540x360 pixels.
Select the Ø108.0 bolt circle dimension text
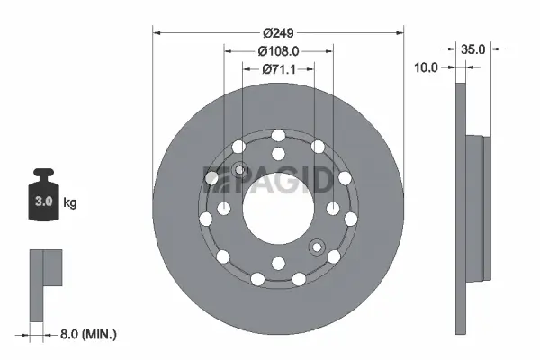click(x=277, y=51)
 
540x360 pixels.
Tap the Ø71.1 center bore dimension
click(x=277, y=69)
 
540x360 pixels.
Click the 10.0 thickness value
click(x=427, y=67)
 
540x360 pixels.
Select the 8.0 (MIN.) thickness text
click(x=87, y=333)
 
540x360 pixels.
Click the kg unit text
click(x=70, y=203)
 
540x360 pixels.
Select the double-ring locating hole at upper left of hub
click(x=239, y=170)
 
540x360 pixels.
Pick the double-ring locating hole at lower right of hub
click(x=316, y=247)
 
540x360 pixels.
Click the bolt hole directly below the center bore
click(x=277, y=263)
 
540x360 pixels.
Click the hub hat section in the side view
click(x=478, y=207)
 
